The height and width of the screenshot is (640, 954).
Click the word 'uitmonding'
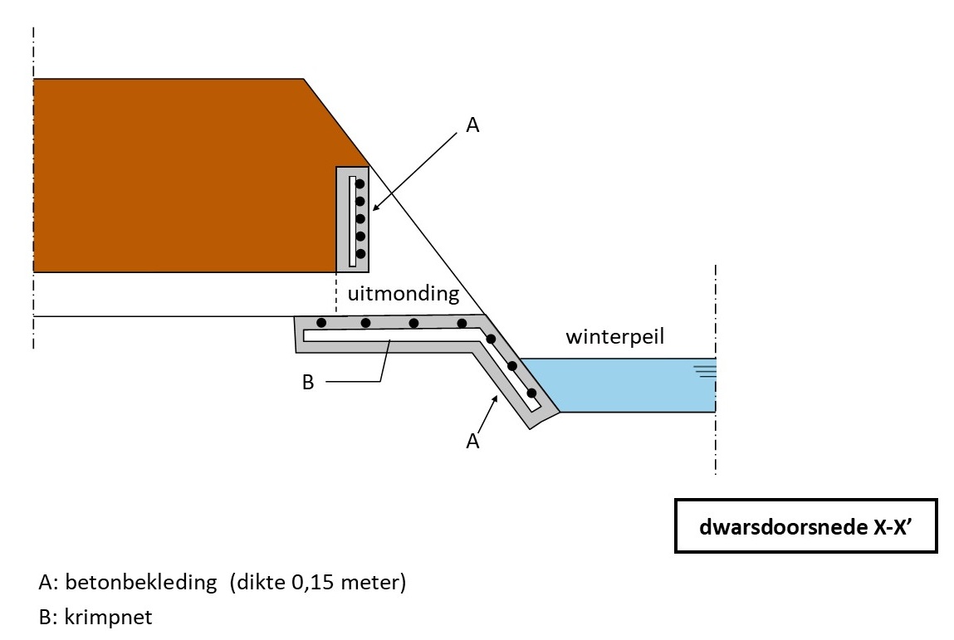pos(403,294)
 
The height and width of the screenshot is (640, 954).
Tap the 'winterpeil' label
pos(614,337)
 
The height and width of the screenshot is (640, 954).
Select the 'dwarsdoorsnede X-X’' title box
pos(805,525)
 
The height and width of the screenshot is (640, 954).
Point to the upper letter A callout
pos(473,125)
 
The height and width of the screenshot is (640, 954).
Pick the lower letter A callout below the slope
pos(472,442)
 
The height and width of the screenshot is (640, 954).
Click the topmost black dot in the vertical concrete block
pos(360,184)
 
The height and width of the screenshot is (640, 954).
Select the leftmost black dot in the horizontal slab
pos(320,322)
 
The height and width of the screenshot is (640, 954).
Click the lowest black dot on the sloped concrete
pos(531,393)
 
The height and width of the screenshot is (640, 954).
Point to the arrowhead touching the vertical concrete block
pos(374,210)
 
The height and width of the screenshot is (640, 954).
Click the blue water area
pos(631,386)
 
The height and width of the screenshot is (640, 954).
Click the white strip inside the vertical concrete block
pos(352,220)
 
